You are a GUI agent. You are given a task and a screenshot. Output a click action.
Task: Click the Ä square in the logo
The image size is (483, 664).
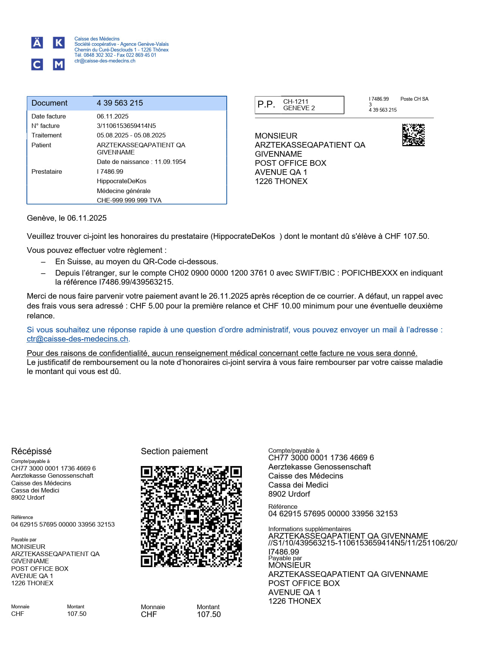click(37, 43)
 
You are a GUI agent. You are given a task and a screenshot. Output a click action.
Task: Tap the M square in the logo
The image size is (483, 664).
click(58, 64)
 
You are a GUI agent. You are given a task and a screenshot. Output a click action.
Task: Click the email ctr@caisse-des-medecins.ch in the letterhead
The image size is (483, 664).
click(105, 61)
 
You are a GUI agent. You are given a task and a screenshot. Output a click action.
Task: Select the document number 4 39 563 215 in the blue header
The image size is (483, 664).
click(120, 103)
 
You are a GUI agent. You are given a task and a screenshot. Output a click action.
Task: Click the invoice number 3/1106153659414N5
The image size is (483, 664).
click(126, 126)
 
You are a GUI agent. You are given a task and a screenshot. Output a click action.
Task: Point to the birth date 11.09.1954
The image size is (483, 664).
click(170, 162)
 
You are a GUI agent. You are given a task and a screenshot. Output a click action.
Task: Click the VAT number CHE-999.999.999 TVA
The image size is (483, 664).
click(129, 200)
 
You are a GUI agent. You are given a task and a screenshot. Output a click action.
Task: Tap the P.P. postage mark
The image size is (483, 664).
click(266, 104)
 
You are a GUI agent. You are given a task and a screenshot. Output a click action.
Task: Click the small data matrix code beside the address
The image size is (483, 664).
click(413, 135)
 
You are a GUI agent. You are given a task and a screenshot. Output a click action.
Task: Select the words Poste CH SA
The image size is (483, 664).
click(414, 99)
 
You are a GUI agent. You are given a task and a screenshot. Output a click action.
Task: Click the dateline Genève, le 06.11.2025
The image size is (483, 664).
click(67, 218)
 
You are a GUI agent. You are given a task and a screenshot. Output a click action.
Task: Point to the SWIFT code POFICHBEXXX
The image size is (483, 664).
click(369, 273)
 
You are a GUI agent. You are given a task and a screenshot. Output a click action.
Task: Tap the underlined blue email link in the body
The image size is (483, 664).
click(77, 339)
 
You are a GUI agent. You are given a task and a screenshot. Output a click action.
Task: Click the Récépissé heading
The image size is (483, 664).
click(31, 451)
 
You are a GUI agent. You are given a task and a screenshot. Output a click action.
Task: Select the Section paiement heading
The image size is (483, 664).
click(174, 451)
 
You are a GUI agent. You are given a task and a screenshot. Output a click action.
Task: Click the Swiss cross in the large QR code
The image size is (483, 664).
click(192, 516)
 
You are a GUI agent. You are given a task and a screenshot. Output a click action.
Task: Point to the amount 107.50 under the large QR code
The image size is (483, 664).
click(209, 614)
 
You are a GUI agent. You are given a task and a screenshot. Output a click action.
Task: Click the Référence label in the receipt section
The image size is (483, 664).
click(22, 517)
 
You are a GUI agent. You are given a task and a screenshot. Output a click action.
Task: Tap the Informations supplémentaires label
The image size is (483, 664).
click(309, 529)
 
